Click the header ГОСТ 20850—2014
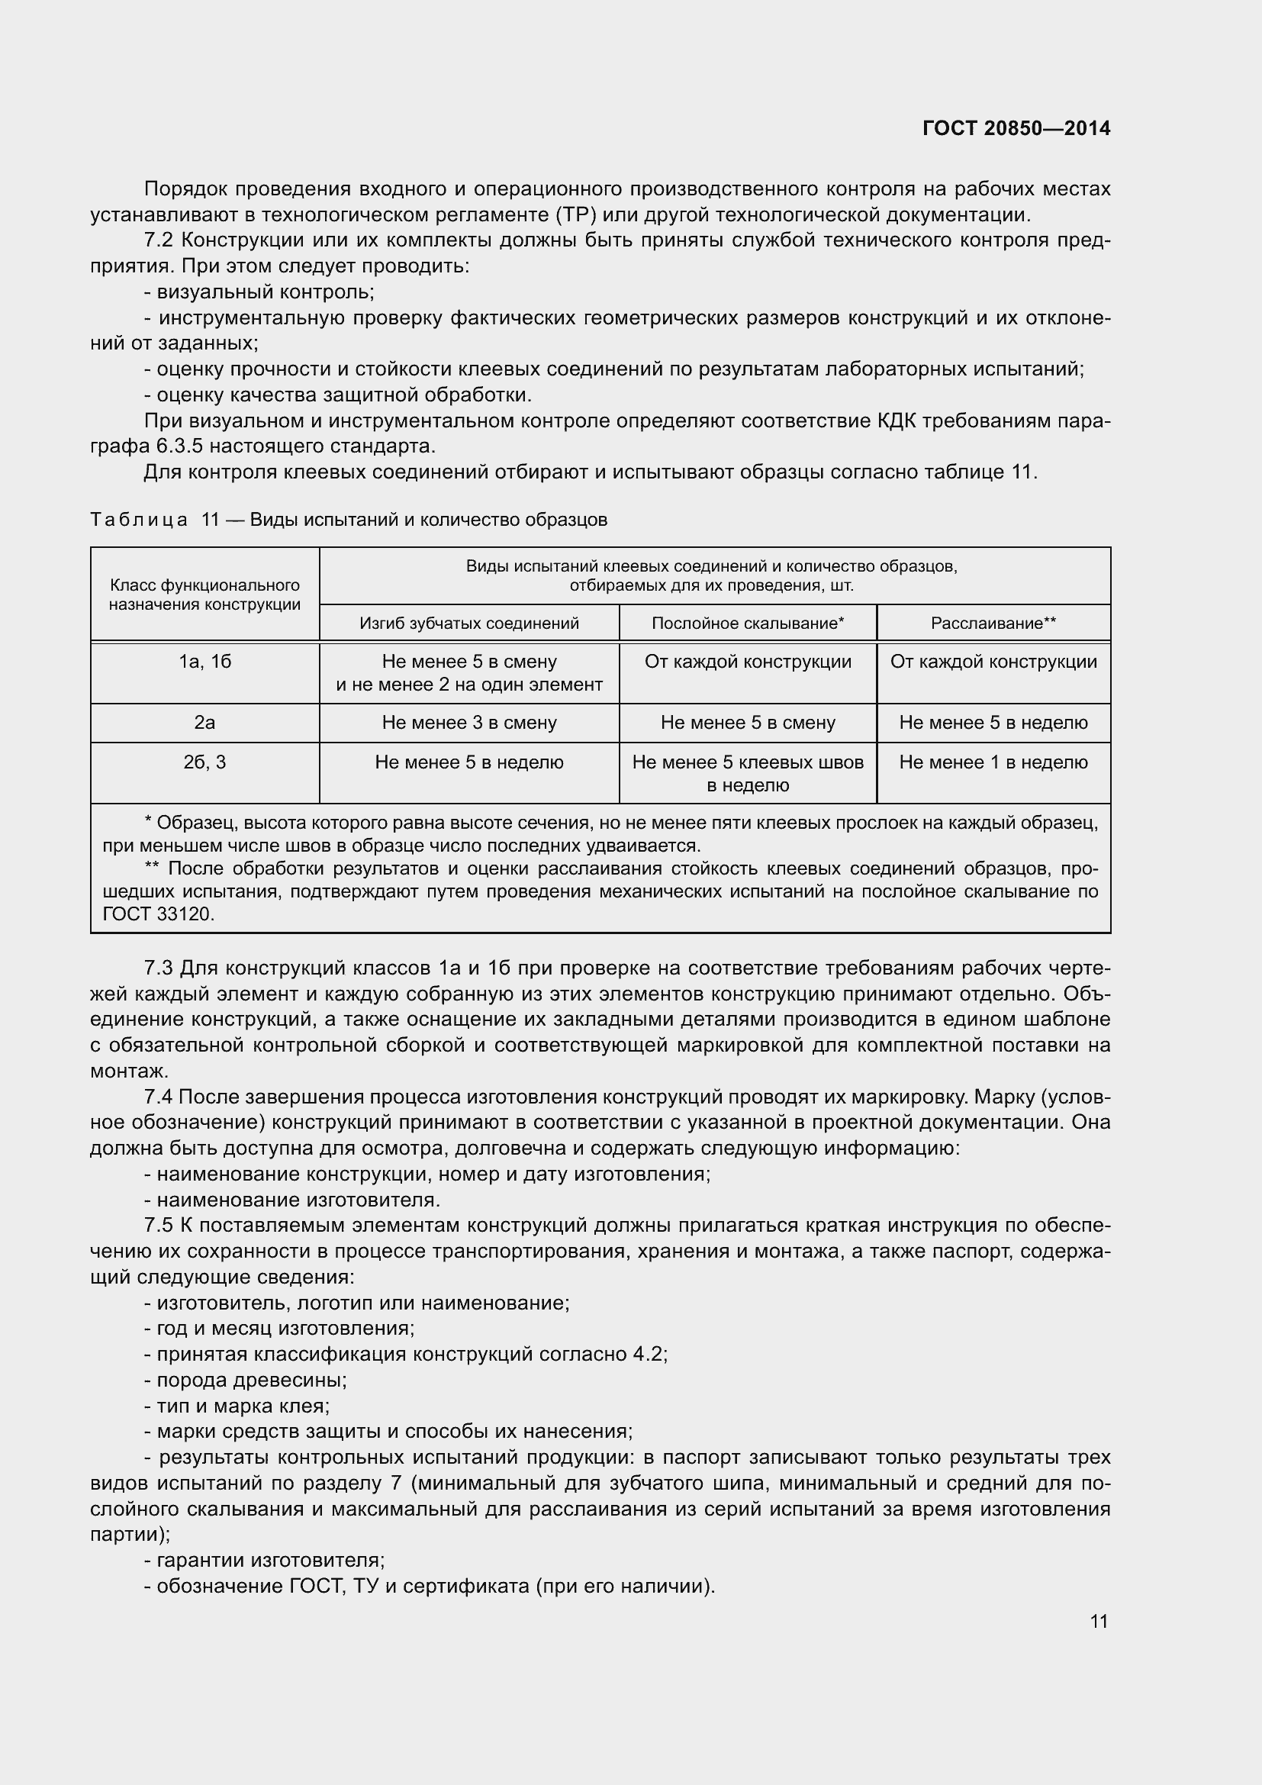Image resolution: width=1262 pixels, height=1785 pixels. coord(1016,128)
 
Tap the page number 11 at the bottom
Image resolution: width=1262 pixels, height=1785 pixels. coord(1099,1621)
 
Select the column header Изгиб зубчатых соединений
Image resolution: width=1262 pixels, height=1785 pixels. coord(468,623)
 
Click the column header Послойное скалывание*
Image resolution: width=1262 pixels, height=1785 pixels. coord(748,623)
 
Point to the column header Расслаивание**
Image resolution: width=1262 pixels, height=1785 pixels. coord(993,623)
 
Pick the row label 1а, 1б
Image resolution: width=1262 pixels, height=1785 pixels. coord(205,662)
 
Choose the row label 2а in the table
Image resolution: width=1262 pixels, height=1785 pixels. coord(205,722)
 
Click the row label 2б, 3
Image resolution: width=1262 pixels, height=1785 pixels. coord(205,762)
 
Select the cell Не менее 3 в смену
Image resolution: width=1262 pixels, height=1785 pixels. coord(468,722)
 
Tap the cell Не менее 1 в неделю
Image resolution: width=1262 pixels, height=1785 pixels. coord(993,762)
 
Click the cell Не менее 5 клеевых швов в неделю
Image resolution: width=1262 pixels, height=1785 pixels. coord(748,773)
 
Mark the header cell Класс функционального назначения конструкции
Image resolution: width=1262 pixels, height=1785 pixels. coord(205,594)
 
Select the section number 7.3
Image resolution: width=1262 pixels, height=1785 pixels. coord(159,968)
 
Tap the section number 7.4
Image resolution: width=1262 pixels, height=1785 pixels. coord(159,1097)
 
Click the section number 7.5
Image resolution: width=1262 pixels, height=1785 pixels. coord(159,1226)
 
